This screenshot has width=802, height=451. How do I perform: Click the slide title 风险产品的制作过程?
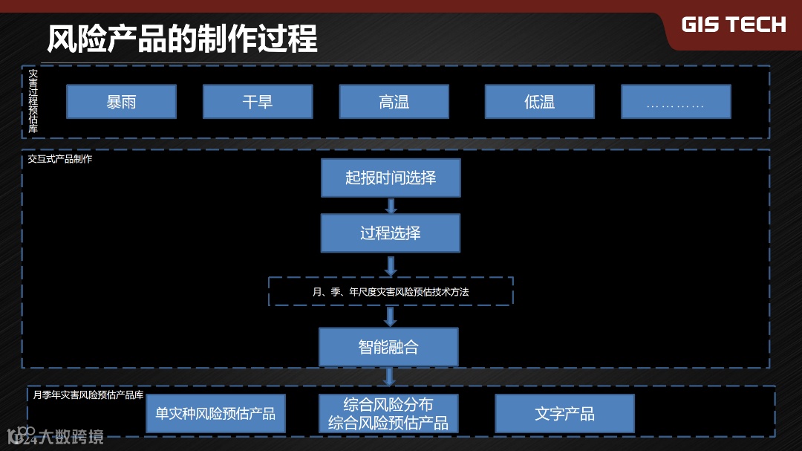pyautogui.click(x=182, y=39)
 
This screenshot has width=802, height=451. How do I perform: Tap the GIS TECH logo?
pyautogui.click(x=733, y=25)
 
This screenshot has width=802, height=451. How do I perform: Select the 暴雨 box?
pyautogui.click(x=121, y=102)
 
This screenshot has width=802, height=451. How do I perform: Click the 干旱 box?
pyautogui.click(x=258, y=102)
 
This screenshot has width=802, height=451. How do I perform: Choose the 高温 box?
pyautogui.click(x=394, y=102)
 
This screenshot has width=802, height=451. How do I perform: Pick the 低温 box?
pyautogui.click(x=539, y=102)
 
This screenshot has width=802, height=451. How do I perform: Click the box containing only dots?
pyautogui.click(x=675, y=102)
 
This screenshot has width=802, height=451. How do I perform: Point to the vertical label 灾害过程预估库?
pyautogui.click(x=33, y=102)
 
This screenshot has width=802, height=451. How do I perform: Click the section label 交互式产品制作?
pyautogui.click(x=60, y=159)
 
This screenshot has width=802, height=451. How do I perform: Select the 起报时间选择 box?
pyautogui.click(x=391, y=178)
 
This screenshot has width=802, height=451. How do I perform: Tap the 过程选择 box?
pyautogui.click(x=391, y=233)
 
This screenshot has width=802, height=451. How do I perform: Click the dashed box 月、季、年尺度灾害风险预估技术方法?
pyautogui.click(x=391, y=291)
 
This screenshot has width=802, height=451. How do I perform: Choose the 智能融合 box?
pyautogui.click(x=388, y=347)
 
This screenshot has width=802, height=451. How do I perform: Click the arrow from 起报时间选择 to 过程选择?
pyautogui.click(x=391, y=206)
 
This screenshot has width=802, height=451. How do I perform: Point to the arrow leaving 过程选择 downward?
pyautogui.click(x=391, y=265)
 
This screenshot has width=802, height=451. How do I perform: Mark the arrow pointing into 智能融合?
pyautogui.click(x=390, y=317)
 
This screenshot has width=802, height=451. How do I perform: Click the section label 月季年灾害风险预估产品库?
pyautogui.click(x=88, y=395)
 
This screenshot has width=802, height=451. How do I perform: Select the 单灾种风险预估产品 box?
pyautogui.click(x=215, y=414)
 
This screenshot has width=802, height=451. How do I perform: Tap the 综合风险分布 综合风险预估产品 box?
pyautogui.click(x=388, y=414)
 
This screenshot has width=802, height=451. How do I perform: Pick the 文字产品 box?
pyautogui.click(x=564, y=414)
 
